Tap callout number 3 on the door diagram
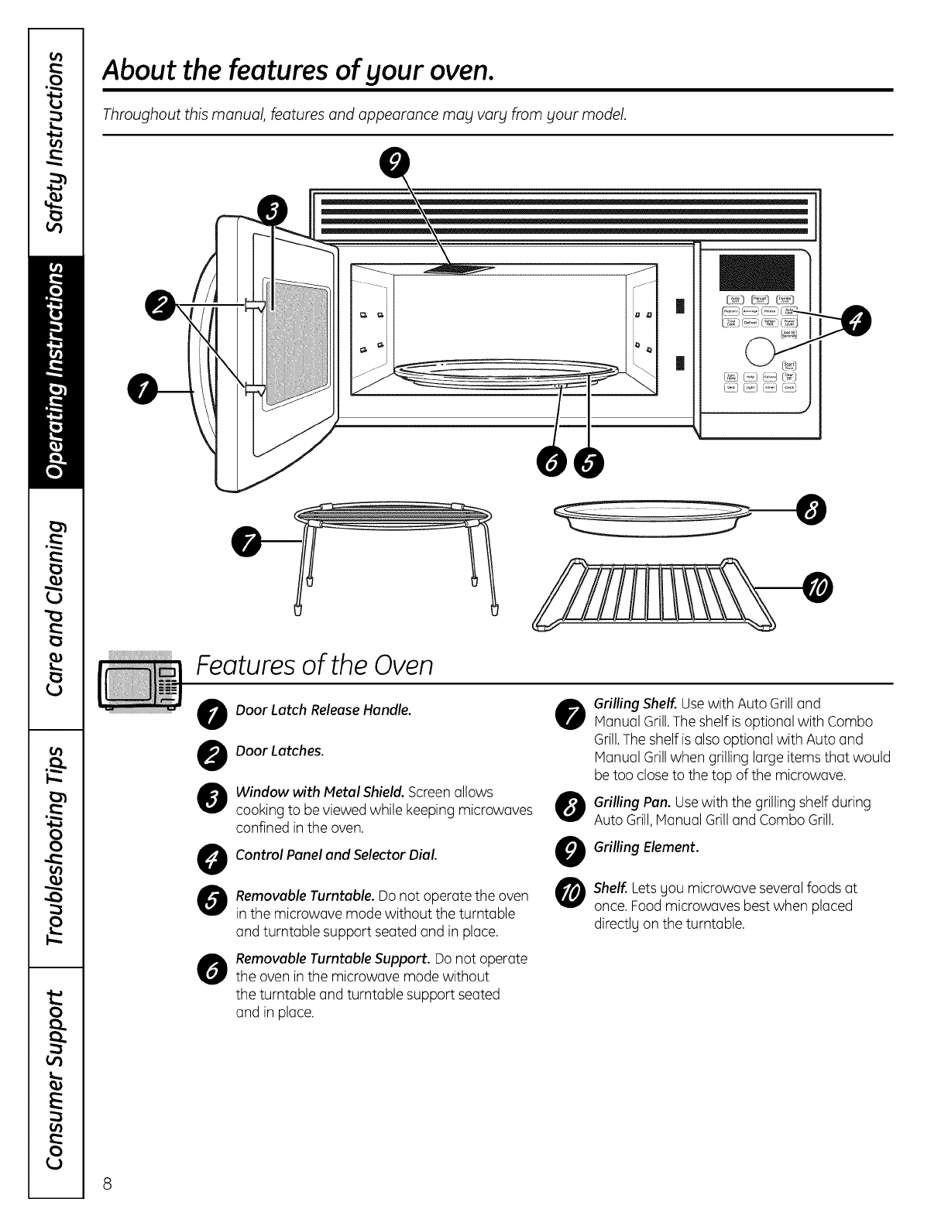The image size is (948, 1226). click(x=272, y=208)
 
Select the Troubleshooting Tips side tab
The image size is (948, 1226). click(x=56, y=848)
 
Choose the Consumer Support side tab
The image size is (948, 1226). click(x=56, y=1080)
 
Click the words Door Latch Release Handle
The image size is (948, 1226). click(x=323, y=710)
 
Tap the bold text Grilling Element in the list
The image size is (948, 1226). click(x=646, y=847)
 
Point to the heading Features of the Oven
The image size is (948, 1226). click(x=314, y=665)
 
